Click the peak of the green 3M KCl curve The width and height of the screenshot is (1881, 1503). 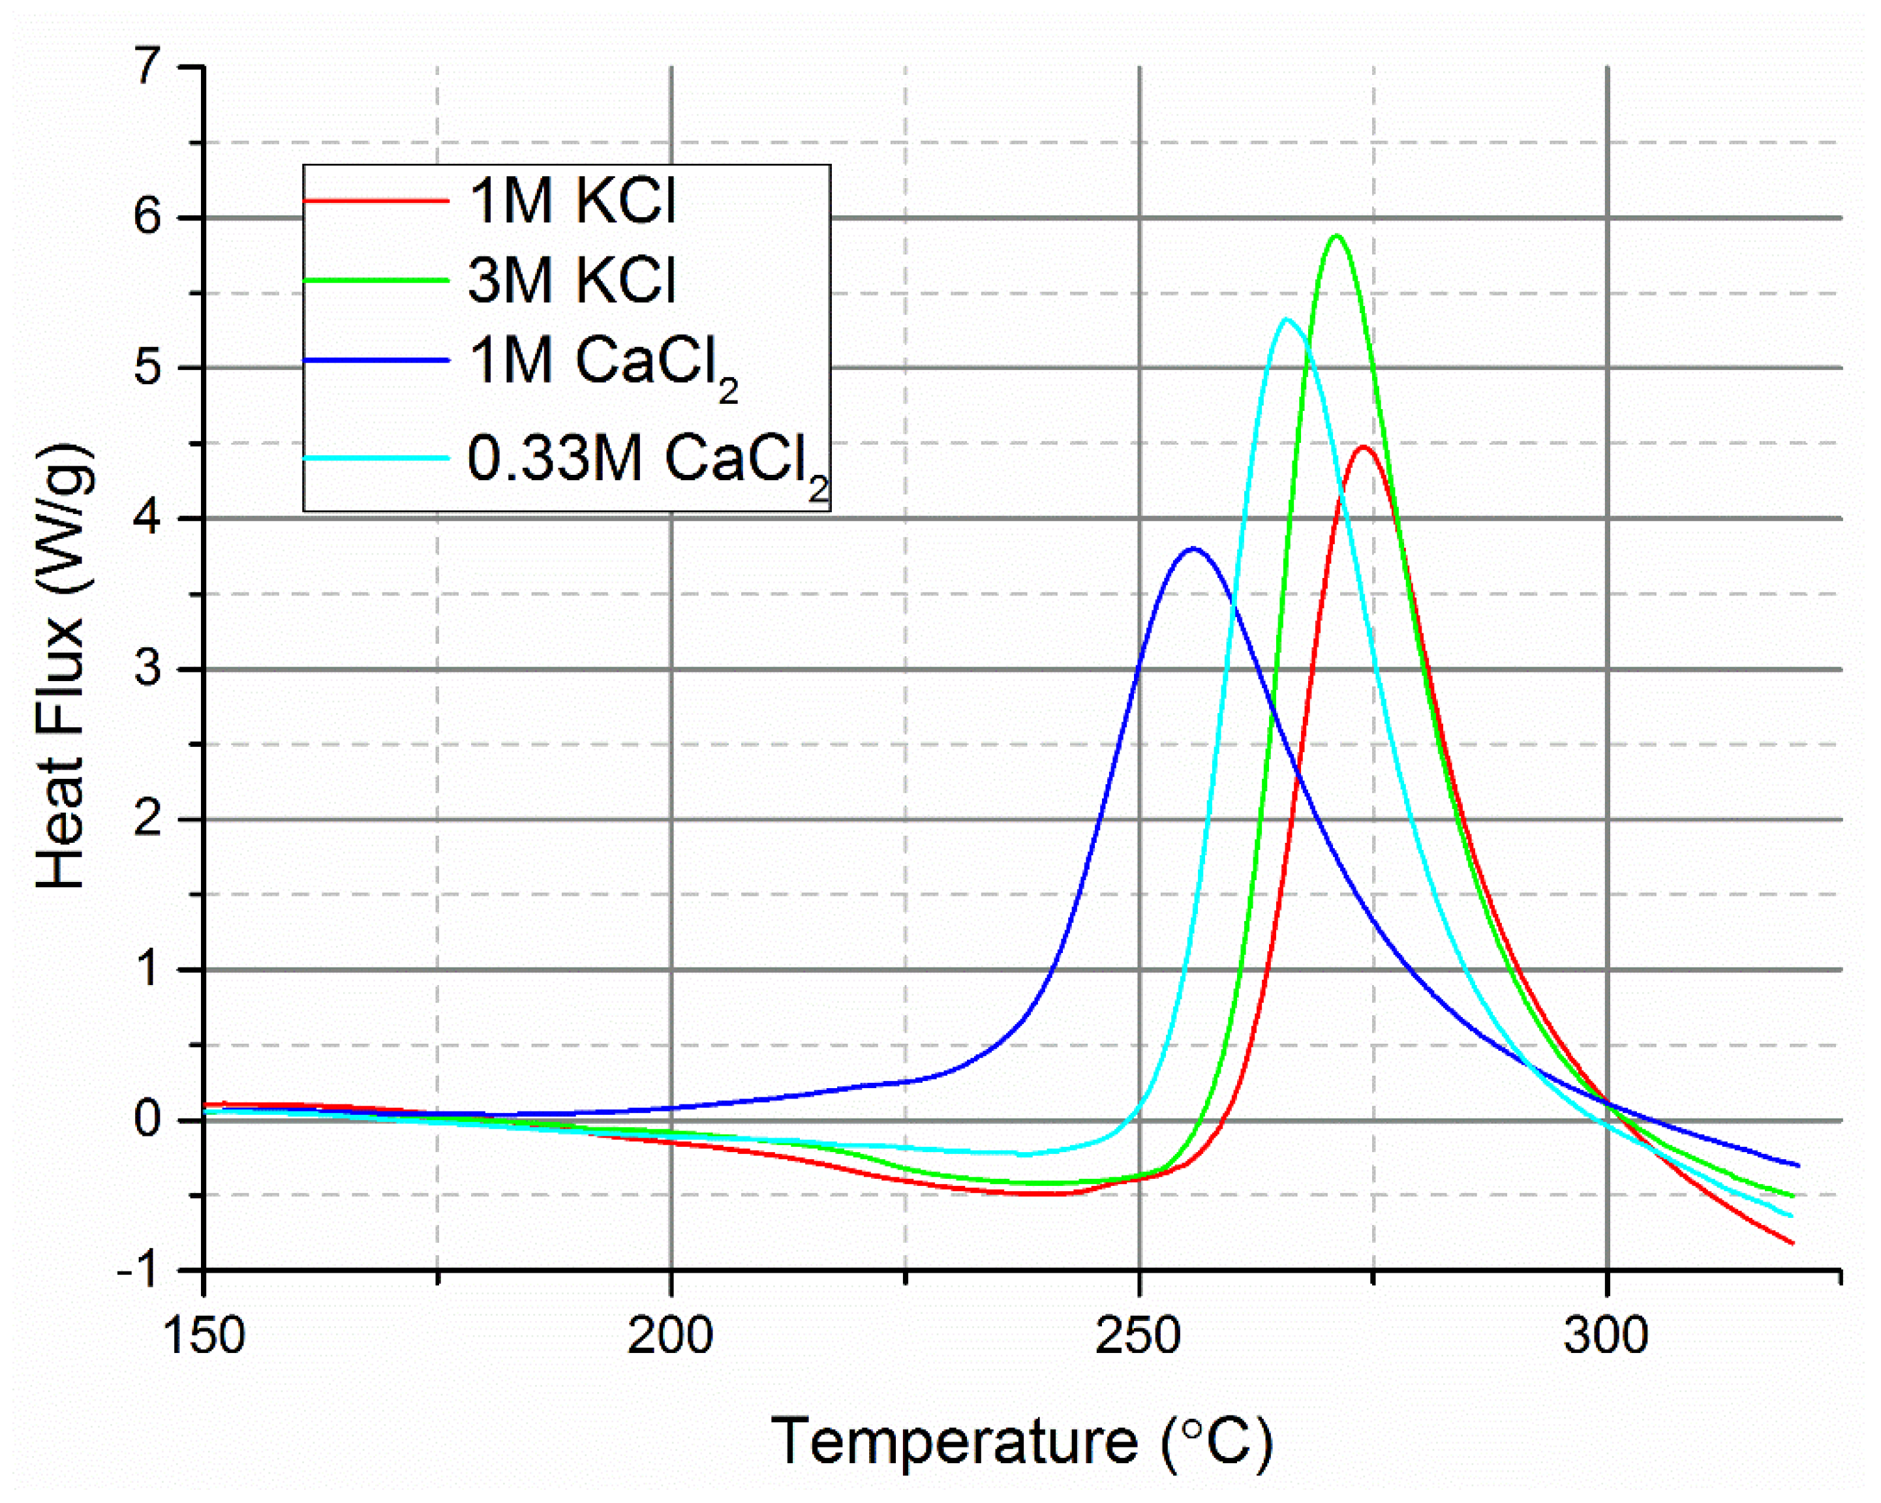[x=1336, y=235]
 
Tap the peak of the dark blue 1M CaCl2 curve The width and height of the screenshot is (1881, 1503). [x=1193, y=548]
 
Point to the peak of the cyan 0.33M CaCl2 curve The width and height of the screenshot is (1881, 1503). [x=1287, y=319]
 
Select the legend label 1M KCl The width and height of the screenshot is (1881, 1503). [x=572, y=202]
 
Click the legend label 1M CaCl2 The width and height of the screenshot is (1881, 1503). [x=602, y=365]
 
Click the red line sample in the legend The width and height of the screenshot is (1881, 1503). [x=376, y=202]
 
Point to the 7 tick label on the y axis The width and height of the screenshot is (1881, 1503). [x=148, y=67]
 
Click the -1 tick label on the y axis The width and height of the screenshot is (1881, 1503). [x=140, y=1271]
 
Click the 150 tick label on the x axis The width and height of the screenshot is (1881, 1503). [x=204, y=1335]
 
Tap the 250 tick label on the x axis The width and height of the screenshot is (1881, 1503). [x=1139, y=1335]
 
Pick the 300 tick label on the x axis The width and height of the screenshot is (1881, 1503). [x=1606, y=1335]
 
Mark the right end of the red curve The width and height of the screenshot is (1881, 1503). [x=1793, y=1243]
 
